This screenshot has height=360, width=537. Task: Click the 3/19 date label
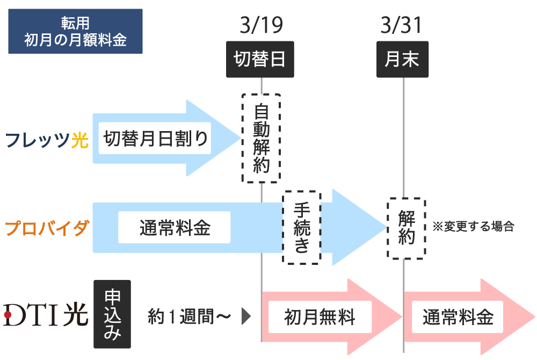(262, 25)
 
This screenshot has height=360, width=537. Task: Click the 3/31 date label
(401, 25)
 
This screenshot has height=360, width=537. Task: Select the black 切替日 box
(260, 59)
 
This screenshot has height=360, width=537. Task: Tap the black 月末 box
(402, 59)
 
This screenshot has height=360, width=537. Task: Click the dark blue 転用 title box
(75, 31)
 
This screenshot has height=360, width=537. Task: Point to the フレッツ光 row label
(47, 140)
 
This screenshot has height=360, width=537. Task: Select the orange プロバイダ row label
(47, 228)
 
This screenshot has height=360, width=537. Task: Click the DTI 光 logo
(46, 314)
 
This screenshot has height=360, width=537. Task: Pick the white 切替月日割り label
(155, 138)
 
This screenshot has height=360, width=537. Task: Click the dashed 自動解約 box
(262, 138)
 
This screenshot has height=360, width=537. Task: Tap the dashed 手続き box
(302, 228)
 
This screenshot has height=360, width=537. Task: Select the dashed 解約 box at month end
(406, 228)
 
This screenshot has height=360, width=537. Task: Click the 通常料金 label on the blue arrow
(175, 227)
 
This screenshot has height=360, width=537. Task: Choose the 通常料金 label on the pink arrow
(458, 317)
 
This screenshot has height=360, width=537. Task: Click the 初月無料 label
(320, 317)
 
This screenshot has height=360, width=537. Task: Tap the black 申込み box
(112, 314)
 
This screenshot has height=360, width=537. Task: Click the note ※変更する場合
(473, 226)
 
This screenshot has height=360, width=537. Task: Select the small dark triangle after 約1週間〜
(246, 316)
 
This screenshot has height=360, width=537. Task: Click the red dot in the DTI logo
(8, 314)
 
